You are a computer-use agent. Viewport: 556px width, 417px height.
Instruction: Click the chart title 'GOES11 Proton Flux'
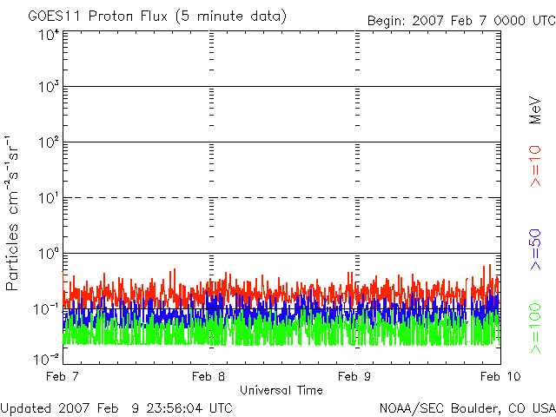pos(98,17)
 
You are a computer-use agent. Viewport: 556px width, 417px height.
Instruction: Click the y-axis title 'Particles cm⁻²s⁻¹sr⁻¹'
pos(12,214)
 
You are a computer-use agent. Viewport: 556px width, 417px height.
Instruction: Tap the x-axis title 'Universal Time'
pos(281,390)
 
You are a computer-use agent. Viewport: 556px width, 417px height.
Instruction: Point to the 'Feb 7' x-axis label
pos(63,376)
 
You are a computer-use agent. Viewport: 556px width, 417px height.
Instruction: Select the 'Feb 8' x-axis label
pos(208,376)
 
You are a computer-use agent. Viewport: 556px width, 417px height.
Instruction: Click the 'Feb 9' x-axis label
pos(354,376)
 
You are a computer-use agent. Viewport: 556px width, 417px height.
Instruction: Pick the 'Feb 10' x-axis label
pos(500,376)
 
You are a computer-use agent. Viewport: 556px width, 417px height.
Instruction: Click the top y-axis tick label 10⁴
pos(49,36)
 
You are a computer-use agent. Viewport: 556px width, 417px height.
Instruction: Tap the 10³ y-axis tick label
pos(49,86)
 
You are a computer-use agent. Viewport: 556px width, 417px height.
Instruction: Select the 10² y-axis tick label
pos(49,142)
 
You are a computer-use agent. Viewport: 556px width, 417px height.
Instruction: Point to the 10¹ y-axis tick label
pos(49,197)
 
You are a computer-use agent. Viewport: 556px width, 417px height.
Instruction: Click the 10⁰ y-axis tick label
pos(49,253)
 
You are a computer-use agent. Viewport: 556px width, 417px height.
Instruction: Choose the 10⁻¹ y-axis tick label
pos(46,309)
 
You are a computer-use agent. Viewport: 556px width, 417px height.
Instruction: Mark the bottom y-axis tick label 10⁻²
pos(46,359)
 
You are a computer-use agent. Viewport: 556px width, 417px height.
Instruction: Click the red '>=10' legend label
pos(535,166)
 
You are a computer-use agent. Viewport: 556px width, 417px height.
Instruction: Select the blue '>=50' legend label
pos(535,249)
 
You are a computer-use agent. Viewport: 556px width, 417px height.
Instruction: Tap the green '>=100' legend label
pos(535,328)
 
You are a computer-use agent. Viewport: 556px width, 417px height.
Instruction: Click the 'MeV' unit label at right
pos(535,110)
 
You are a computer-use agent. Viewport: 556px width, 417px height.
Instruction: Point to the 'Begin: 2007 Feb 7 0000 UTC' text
pos(461,21)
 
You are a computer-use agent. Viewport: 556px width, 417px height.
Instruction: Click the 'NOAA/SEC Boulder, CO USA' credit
pos(467,408)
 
